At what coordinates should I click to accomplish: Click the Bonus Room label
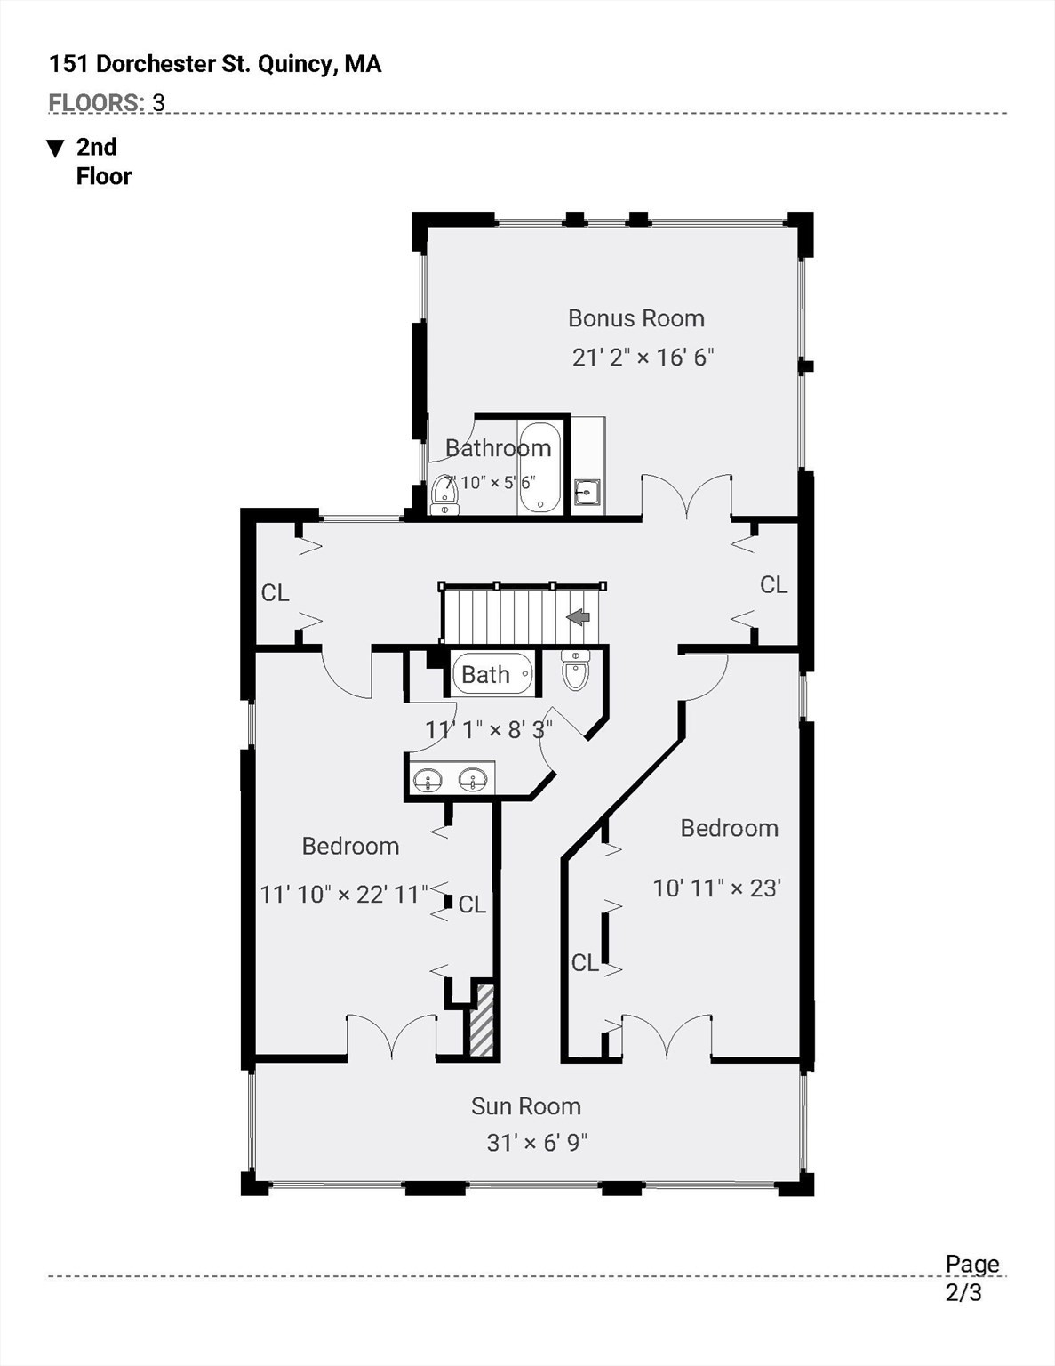click(636, 318)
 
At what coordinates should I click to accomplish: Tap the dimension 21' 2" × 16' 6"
click(643, 357)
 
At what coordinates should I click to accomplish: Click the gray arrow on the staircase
click(579, 616)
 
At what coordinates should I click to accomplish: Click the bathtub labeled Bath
click(493, 674)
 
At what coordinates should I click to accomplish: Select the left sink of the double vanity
click(428, 780)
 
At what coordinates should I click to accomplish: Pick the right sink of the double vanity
click(472, 780)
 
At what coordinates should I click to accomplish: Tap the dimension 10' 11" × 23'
click(716, 888)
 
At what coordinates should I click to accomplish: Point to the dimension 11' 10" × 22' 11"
click(344, 893)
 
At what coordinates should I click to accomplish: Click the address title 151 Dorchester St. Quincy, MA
click(215, 64)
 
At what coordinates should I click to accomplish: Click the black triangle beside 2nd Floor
click(56, 149)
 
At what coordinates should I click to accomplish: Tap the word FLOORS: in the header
click(97, 102)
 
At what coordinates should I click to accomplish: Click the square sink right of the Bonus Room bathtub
click(587, 492)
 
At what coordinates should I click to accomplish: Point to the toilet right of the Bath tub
click(574, 671)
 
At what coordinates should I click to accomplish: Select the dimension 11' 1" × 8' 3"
click(489, 730)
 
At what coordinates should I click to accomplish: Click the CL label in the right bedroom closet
click(585, 962)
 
